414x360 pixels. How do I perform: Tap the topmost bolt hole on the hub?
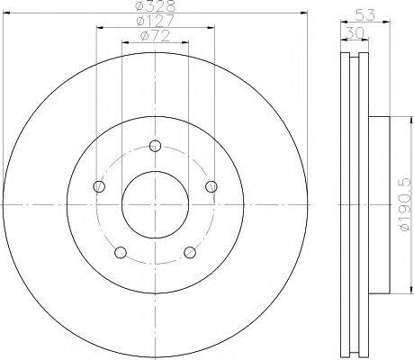tap(155, 146)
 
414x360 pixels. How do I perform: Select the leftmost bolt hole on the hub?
tap(99, 186)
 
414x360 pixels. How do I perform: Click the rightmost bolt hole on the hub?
tap(211, 186)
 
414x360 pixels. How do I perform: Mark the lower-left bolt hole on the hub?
tap(121, 252)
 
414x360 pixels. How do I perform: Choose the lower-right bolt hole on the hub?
tap(190, 252)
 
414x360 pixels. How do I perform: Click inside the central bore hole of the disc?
tap(155, 205)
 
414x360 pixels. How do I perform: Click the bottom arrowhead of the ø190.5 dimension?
tap(393, 292)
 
